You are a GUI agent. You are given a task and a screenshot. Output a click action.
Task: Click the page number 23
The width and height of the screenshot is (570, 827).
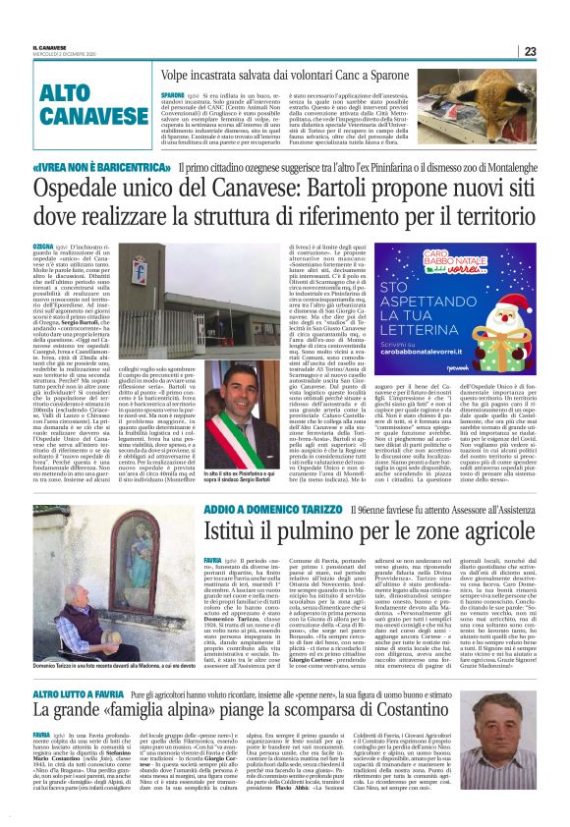tap(556, 51)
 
